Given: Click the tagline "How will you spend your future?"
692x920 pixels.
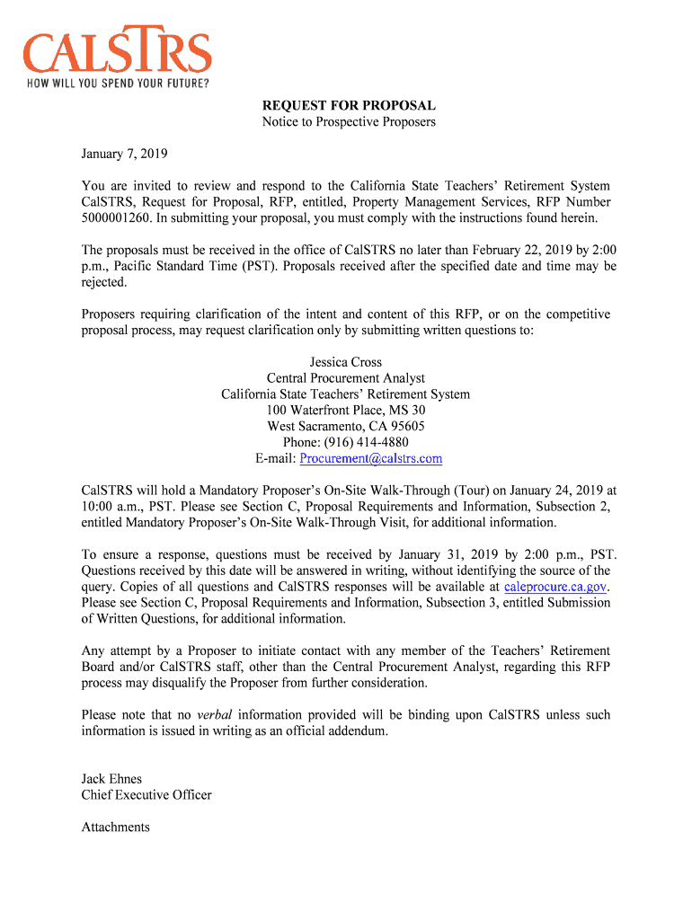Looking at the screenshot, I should [x=117, y=84].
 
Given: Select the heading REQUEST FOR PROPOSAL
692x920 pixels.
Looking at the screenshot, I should [x=349, y=105].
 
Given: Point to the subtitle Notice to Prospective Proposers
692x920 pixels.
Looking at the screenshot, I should [x=349, y=121].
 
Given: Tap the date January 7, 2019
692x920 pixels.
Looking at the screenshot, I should [x=125, y=154].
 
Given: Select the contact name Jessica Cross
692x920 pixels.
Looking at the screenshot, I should [x=346, y=362].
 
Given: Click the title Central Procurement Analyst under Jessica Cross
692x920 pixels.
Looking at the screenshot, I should [x=346, y=378].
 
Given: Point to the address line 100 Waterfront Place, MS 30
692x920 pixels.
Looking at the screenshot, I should [x=346, y=411].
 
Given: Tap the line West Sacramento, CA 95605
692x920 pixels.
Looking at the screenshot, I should [x=346, y=427].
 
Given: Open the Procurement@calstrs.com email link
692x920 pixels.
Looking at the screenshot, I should [x=371, y=459].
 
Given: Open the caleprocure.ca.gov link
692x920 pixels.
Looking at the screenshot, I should [x=556, y=587].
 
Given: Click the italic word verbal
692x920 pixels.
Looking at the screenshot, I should [x=215, y=715].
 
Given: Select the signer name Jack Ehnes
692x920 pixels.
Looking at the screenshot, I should [x=112, y=779].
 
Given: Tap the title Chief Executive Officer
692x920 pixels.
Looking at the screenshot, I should [x=146, y=795].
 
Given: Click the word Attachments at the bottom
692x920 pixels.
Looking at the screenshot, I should [x=116, y=827].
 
